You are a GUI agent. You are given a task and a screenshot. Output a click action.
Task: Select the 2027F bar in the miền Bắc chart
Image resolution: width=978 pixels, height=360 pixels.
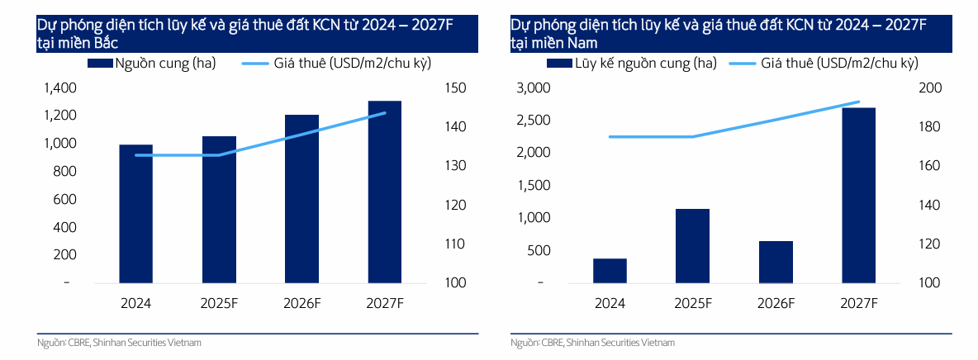[385, 192]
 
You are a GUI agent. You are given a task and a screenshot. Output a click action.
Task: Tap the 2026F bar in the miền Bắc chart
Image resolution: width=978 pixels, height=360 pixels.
[302, 199]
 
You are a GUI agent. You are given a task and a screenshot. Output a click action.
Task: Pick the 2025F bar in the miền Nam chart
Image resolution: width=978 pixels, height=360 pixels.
[692, 246]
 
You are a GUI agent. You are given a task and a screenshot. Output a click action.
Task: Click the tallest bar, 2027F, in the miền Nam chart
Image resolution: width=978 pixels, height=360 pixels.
[858, 195]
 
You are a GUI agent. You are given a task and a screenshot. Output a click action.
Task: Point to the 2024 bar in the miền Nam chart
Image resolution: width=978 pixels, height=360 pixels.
[610, 271]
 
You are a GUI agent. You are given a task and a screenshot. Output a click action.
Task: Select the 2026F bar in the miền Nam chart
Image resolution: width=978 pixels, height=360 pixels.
[776, 262]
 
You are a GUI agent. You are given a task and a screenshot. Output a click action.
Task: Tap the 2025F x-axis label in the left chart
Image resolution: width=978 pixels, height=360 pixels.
[219, 303]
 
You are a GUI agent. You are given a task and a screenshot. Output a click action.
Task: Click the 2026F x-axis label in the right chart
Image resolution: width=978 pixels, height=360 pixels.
[776, 303]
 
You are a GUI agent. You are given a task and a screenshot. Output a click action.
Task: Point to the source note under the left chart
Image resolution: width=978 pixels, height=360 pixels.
[119, 342]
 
